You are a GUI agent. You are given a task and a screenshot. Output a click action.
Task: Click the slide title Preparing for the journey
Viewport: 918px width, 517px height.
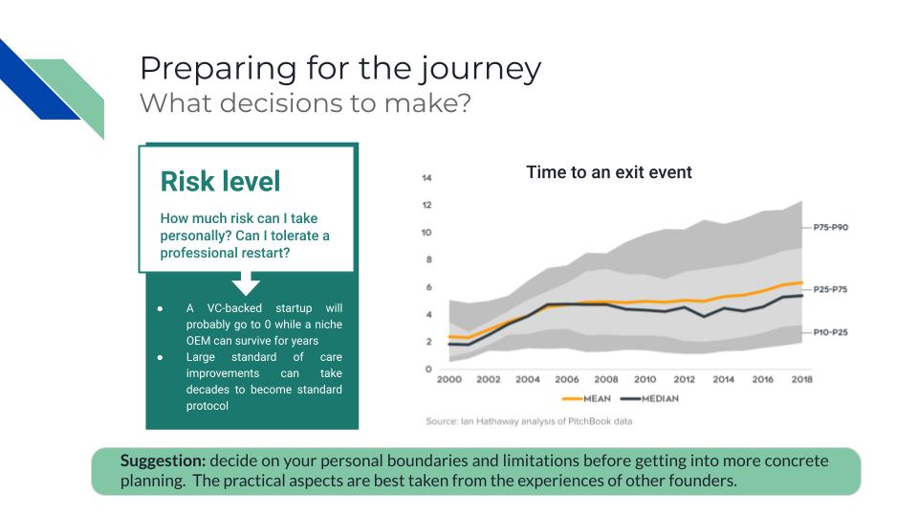click(x=340, y=69)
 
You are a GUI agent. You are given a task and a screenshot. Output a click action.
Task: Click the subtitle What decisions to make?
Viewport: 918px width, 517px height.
click(x=305, y=103)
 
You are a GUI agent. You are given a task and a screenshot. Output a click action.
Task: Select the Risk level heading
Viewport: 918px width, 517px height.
click(x=220, y=181)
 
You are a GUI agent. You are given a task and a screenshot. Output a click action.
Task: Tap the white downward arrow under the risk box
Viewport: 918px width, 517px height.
click(x=246, y=283)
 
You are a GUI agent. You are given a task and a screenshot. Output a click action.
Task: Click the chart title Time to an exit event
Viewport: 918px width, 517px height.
click(x=609, y=172)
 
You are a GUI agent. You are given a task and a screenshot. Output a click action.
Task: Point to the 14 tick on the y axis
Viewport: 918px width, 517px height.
click(x=426, y=178)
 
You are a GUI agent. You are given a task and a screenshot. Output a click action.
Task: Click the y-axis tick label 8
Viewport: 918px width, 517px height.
click(x=428, y=259)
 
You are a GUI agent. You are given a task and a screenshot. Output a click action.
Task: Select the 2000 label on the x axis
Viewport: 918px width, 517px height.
click(x=449, y=379)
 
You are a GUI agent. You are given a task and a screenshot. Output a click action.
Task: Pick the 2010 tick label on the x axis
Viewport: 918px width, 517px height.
click(x=645, y=379)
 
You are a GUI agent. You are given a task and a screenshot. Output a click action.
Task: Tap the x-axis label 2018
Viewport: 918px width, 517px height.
click(x=801, y=379)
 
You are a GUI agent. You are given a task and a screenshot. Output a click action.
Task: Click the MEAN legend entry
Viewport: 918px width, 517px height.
click(x=586, y=398)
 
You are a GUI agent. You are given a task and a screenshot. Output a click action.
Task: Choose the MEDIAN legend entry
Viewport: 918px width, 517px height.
click(x=650, y=398)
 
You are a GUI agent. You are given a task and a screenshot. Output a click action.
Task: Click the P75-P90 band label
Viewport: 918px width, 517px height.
click(x=830, y=227)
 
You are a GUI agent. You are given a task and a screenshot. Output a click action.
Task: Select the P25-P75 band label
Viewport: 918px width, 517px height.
click(x=830, y=289)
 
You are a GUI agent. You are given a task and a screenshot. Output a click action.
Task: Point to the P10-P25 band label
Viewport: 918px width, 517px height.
click(x=830, y=332)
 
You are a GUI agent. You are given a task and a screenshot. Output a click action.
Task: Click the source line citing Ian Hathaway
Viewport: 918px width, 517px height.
click(x=529, y=421)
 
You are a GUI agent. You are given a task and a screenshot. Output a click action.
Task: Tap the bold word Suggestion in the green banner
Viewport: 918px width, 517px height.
click(x=163, y=461)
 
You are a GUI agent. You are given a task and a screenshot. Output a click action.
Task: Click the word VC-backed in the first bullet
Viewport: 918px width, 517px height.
click(x=234, y=307)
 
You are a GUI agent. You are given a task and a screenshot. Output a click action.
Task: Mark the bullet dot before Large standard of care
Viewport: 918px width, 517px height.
click(x=160, y=357)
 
